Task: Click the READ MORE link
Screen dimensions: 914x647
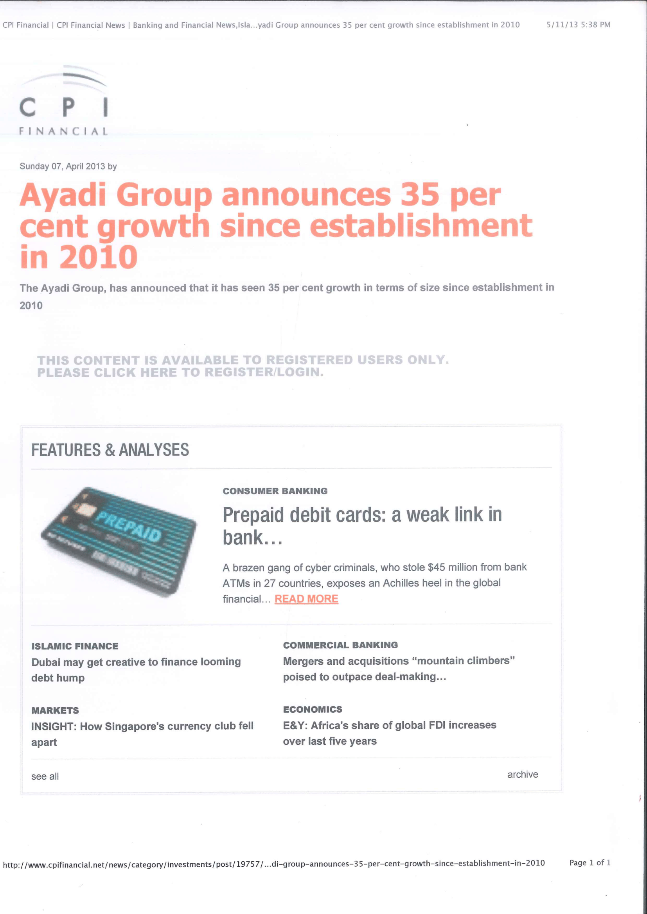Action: [x=306, y=599]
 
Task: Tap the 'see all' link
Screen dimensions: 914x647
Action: [x=45, y=776]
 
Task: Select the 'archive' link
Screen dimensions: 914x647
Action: [x=522, y=774]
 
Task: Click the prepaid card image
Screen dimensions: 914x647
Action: [x=119, y=541]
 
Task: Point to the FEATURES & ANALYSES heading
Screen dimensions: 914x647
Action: [x=110, y=450]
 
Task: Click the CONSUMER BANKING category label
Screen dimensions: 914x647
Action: [x=275, y=491]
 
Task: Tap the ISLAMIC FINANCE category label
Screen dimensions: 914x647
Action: [x=74, y=646]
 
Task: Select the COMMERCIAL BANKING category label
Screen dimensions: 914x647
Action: [x=340, y=645]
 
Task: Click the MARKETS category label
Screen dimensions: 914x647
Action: [x=55, y=710]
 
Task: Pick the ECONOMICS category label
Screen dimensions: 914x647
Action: [x=312, y=709]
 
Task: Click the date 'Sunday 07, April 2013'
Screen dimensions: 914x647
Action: [x=62, y=166]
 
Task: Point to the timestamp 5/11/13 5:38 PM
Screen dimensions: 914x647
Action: [x=578, y=25]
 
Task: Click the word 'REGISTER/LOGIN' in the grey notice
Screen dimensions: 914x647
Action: [x=264, y=372]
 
